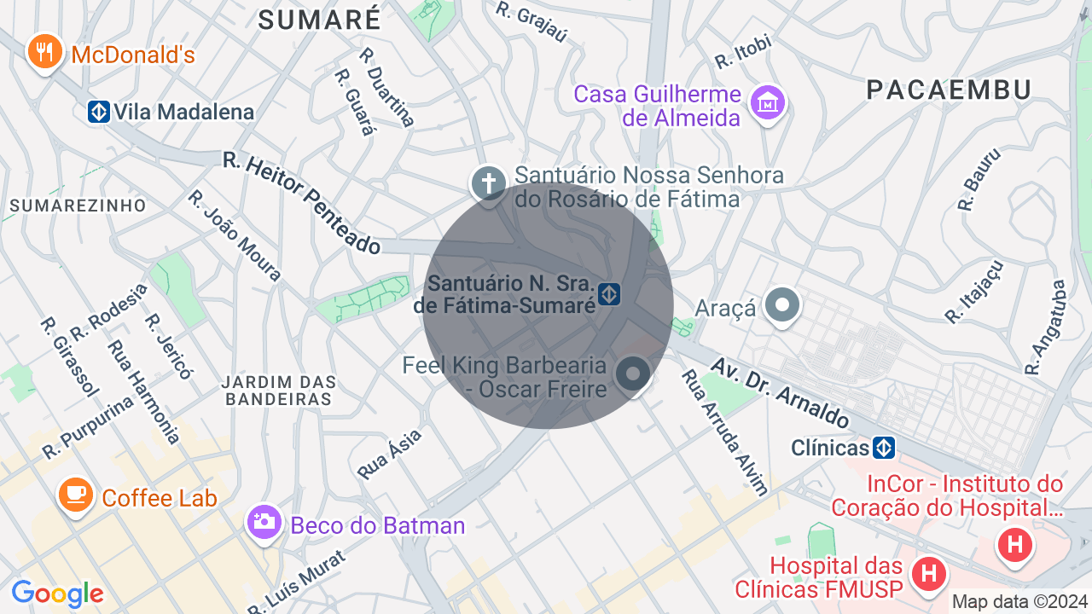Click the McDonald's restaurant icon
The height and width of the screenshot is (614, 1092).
click(44, 54)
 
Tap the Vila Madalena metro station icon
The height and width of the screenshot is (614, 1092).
click(99, 112)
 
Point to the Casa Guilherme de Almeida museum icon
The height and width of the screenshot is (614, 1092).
click(767, 103)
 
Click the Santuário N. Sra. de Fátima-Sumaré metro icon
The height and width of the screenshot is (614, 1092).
click(608, 295)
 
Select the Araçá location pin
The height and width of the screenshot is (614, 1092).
click(781, 306)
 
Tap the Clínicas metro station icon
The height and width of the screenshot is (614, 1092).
click(884, 448)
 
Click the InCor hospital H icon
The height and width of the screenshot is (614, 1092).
click(1015, 543)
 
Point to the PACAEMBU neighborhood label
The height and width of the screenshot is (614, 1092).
click(949, 90)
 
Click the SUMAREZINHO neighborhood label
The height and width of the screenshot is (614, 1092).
click(78, 206)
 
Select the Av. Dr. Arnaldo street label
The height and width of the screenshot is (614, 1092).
click(780, 391)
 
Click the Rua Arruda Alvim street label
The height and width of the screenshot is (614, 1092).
click(725, 432)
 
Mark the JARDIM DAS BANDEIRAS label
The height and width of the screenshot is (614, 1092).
click(279, 391)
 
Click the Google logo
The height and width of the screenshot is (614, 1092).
click(57, 594)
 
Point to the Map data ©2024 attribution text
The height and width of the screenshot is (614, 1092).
click(1019, 602)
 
